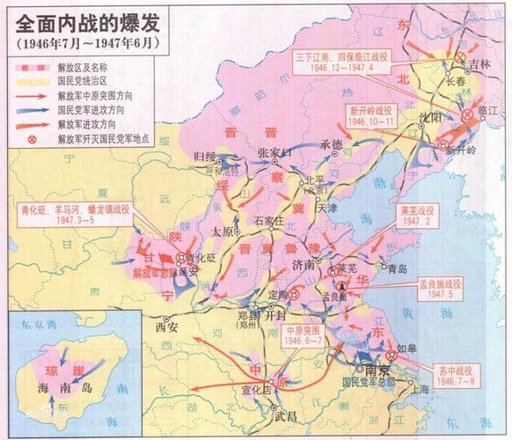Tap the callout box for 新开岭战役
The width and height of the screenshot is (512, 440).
point(372,118)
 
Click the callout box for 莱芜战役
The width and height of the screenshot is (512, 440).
point(419,216)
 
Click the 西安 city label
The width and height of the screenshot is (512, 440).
point(166,326)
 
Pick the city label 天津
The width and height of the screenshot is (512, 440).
point(327,209)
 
